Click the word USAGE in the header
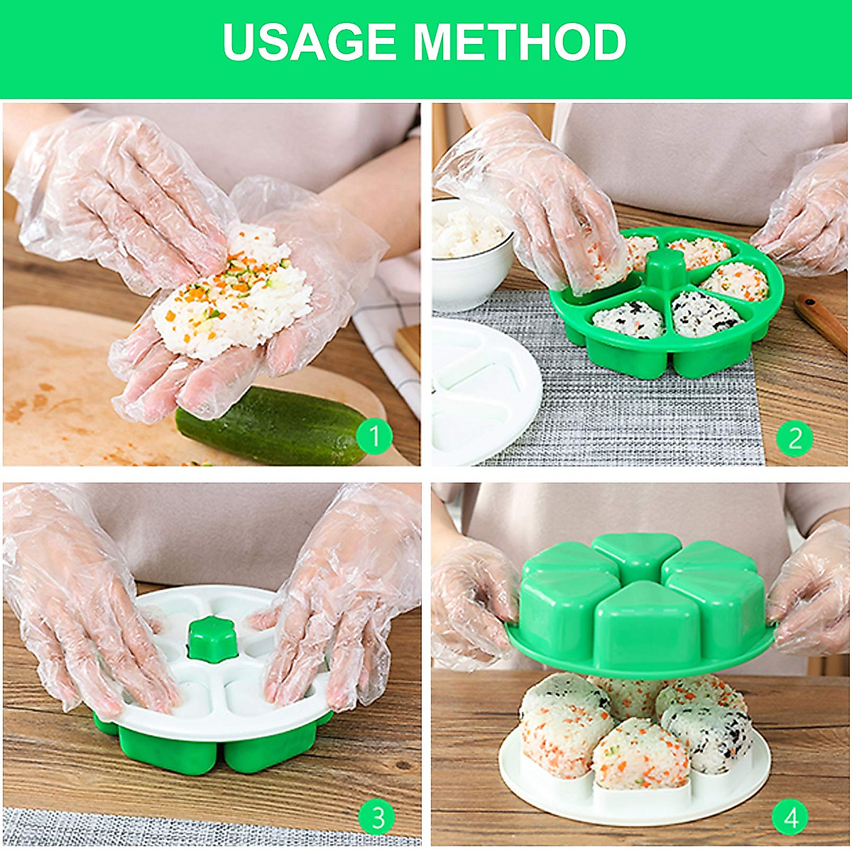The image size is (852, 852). click(x=310, y=43)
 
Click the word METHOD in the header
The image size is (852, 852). click(x=520, y=43)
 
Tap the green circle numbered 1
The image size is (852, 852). click(x=374, y=436)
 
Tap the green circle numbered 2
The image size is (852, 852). click(x=794, y=439)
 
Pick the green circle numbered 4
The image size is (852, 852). click(x=792, y=817)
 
